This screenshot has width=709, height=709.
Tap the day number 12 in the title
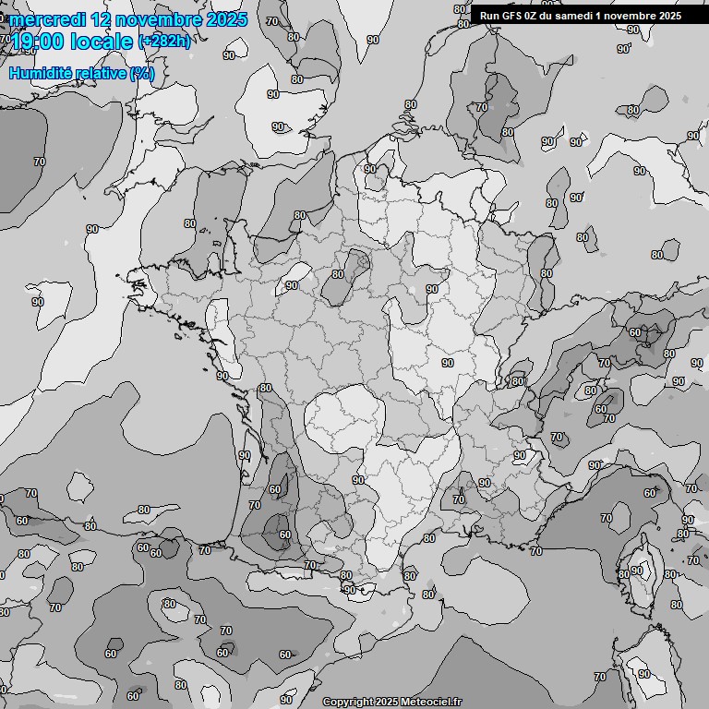tap(104, 19)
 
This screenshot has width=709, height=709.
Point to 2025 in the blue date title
tap(227, 19)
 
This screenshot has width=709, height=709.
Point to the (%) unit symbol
tap(141, 73)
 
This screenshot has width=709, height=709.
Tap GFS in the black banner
tap(511, 15)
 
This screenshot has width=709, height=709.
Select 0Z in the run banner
tap(533, 15)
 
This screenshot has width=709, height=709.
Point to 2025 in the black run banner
tap(668, 15)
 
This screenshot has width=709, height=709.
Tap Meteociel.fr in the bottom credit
tap(438, 702)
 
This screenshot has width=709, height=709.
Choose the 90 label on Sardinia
tap(643, 674)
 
